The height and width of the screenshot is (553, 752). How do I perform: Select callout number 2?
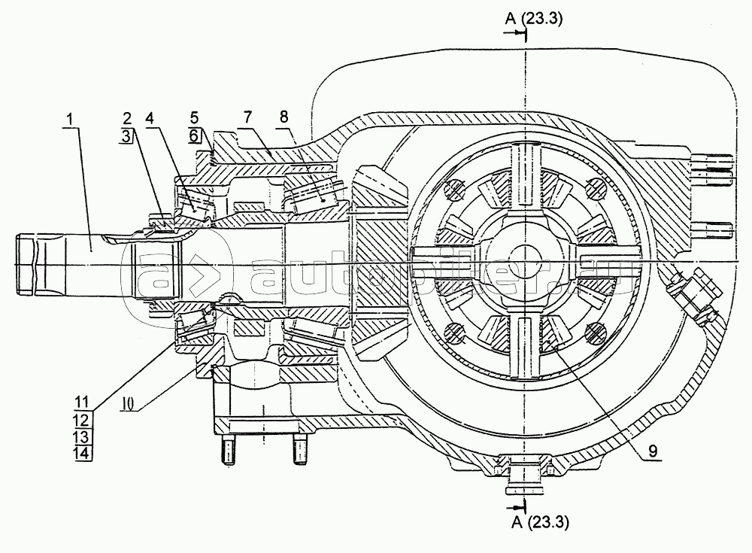pos(126,117)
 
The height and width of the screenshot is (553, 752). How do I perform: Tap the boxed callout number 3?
pos(126,136)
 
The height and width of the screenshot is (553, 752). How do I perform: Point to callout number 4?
pos(150,117)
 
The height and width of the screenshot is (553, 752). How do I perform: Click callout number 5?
pos(194,117)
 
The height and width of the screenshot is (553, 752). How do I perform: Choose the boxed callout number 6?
pos(194,135)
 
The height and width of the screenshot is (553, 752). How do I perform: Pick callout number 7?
pos(247,117)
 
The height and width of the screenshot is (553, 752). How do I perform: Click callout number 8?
pos(284,117)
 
